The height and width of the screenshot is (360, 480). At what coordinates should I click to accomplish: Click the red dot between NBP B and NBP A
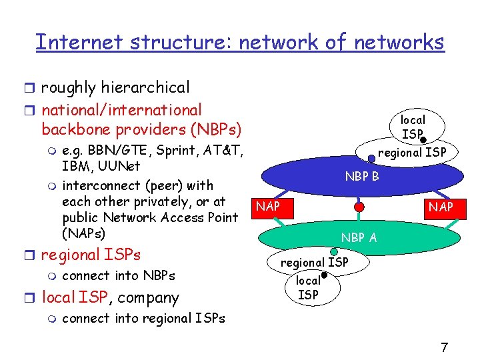[359, 207]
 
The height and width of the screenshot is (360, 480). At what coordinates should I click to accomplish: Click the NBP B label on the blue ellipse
[362, 177]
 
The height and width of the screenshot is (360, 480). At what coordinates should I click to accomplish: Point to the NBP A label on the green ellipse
[359, 237]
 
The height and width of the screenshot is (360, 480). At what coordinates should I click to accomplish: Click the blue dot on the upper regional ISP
[371, 159]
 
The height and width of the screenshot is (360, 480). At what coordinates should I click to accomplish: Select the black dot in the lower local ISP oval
[324, 275]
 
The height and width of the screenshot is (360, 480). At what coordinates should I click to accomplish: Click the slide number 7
[444, 347]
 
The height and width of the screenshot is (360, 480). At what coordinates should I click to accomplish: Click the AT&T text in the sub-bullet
[227, 149]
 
